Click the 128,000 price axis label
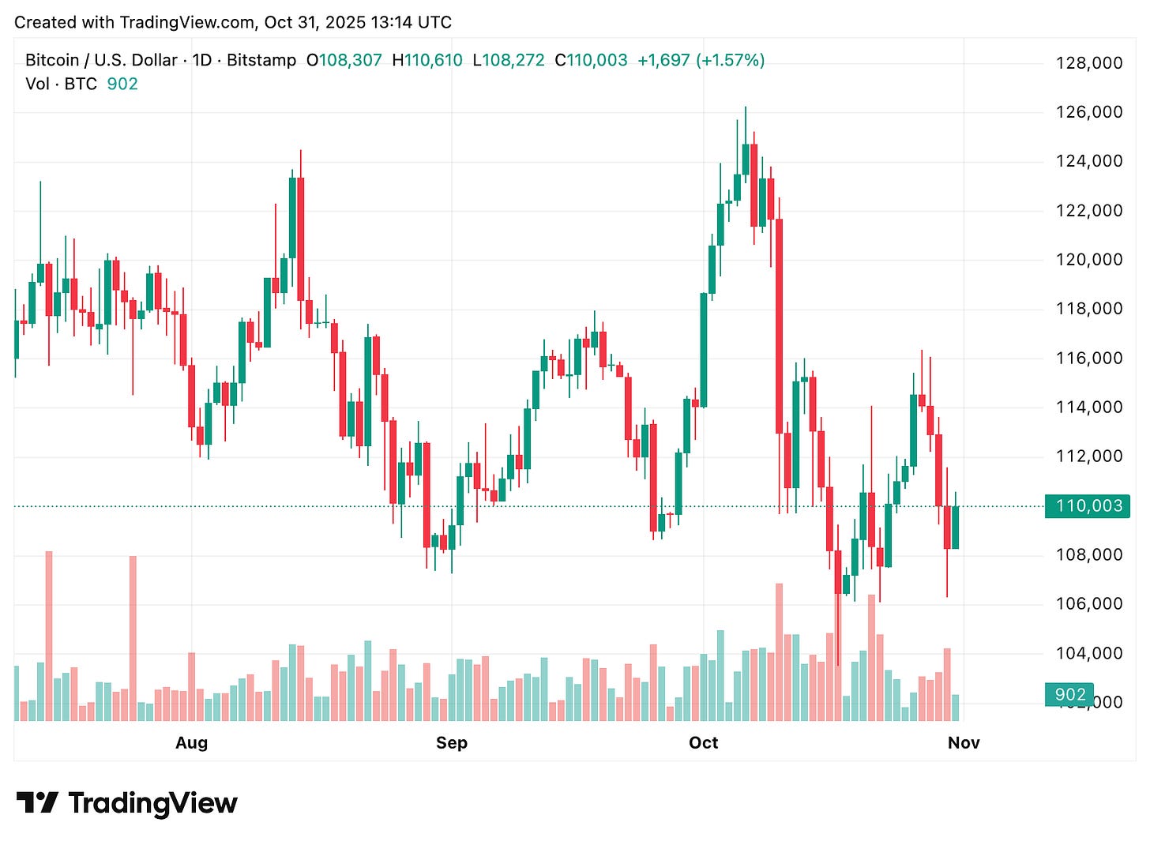pos(1088,63)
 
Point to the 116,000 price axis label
pos(1088,358)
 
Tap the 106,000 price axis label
pos(1088,603)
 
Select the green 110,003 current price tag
pos(1088,505)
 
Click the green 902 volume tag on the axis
pos(1070,694)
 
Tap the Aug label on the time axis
pos(191,742)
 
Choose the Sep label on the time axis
pos(451,742)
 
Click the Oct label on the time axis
pos(703,742)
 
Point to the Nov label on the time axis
pos(964,742)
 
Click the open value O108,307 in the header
pos(344,60)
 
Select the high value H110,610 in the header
pos(427,60)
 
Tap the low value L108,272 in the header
pos(509,60)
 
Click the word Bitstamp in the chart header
pos(261,60)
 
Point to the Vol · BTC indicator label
pos(61,84)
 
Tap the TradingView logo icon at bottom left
pos(37,803)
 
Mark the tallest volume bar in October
pos(780,652)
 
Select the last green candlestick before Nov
pos(956,527)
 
